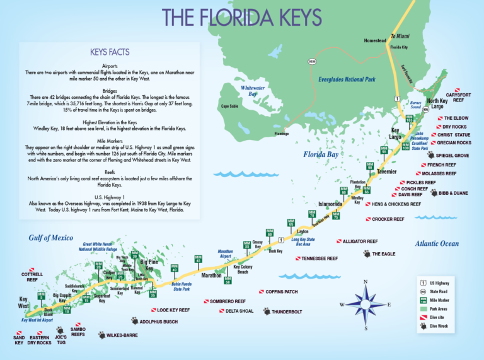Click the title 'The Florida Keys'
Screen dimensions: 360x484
click(242, 17)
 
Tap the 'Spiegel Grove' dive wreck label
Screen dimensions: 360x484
click(452, 155)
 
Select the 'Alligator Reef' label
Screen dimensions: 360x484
click(360, 241)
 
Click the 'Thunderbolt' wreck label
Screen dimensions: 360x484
click(287, 311)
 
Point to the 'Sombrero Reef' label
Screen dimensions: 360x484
click(227, 302)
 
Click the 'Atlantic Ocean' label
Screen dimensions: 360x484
click(437, 244)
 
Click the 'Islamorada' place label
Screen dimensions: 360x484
click(330, 204)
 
